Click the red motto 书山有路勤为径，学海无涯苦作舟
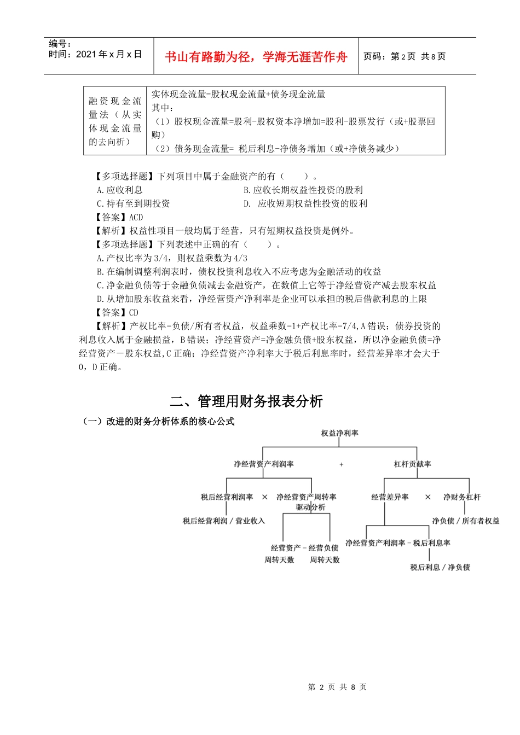[256, 57]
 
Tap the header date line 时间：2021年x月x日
[95, 54]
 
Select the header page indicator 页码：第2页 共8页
[405, 56]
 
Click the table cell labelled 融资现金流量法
[115, 121]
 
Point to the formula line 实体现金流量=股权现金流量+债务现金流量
[238, 94]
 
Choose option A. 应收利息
[119, 190]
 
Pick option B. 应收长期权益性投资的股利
[303, 190]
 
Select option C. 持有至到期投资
[133, 203]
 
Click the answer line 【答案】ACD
[119, 217]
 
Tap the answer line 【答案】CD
[117, 312]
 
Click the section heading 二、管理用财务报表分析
[246, 401]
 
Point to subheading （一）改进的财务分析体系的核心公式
[158, 421]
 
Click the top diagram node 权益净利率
[339, 433]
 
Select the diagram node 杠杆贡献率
[412, 464]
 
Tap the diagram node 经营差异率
[390, 497]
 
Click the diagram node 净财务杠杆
[461, 497]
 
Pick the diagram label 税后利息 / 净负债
[440, 567]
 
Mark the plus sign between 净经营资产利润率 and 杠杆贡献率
[342, 464]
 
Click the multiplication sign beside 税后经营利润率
[265, 497]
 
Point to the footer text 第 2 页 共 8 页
[337, 687]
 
